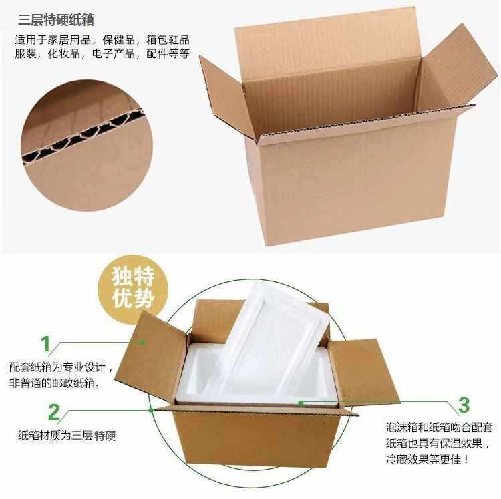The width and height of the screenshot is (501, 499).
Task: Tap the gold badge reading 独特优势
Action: coord(134,286)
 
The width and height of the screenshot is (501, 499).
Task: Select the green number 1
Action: coord(45,344)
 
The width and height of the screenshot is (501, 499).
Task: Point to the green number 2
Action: coord(54,411)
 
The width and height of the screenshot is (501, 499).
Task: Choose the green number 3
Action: coord(463,405)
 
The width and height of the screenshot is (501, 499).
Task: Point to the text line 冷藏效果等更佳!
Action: coord(428,459)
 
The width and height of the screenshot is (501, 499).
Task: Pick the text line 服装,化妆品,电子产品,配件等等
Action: coord(102,54)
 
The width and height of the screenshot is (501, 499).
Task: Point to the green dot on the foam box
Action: coord(301,402)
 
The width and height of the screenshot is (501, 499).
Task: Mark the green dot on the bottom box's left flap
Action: coord(144,343)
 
